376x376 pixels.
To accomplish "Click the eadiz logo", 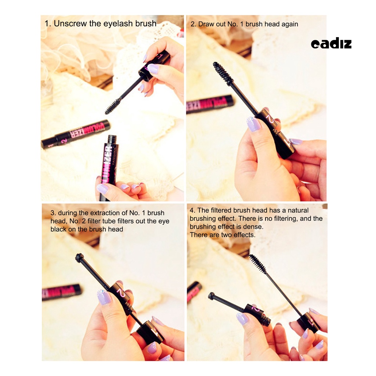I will [x=331, y=44].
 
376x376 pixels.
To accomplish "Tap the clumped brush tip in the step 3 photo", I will [x=80, y=258].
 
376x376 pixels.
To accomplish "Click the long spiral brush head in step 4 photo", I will [x=258, y=263].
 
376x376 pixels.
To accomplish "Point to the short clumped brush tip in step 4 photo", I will [x=211, y=296].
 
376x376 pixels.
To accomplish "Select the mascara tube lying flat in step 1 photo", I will [x=76, y=134].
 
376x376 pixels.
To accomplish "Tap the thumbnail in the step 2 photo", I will [x=253, y=124].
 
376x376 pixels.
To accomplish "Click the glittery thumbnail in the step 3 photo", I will [x=104, y=297].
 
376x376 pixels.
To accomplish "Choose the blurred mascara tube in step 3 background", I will [x=61, y=292].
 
